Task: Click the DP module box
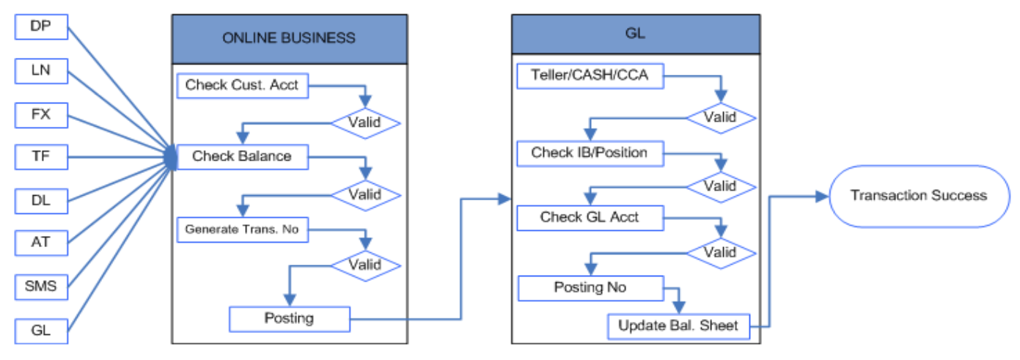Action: tap(42, 27)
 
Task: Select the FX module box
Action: tap(42, 115)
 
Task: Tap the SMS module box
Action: tap(42, 287)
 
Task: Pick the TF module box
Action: tap(42, 157)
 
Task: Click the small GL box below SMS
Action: tap(42, 331)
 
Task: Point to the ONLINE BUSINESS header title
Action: tap(289, 38)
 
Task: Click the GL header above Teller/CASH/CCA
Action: tap(636, 34)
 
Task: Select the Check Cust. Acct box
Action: tap(243, 86)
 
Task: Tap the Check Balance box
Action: tap(243, 157)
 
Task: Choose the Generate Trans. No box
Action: tap(243, 229)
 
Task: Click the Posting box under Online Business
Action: tap(290, 319)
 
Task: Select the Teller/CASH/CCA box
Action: tap(590, 76)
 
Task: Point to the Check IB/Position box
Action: tap(590, 153)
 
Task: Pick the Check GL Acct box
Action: tap(590, 218)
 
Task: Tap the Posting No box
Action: tap(590, 288)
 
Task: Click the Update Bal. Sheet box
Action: tap(678, 326)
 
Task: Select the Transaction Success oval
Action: tap(920, 196)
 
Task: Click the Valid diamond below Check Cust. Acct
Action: tap(366, 123)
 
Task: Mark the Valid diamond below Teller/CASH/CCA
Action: tap(721, 118)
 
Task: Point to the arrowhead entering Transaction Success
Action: tap(822, 196)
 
